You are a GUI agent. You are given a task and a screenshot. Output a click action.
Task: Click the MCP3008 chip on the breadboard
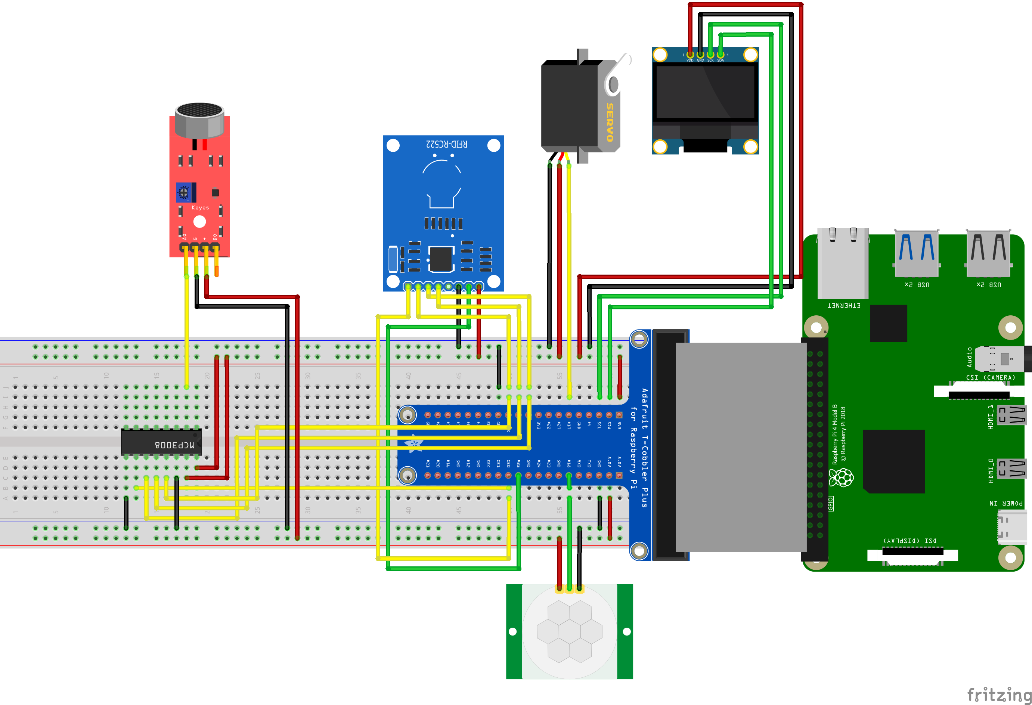[161, 442]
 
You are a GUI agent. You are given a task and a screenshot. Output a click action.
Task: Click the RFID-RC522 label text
[446, 144]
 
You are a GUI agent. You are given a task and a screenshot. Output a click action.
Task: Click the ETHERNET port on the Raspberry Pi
[842, 264]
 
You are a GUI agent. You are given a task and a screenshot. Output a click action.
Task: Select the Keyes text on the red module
[200, 207]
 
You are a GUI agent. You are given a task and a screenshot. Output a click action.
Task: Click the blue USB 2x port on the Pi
[916, 253]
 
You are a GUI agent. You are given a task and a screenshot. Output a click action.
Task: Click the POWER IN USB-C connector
[1011, 527]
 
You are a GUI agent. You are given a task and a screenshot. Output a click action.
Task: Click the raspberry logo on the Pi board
[841, 478]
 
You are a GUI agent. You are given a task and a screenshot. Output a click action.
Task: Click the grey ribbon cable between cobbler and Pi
[740, 446]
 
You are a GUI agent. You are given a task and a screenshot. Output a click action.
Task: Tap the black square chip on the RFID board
[440, 259]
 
